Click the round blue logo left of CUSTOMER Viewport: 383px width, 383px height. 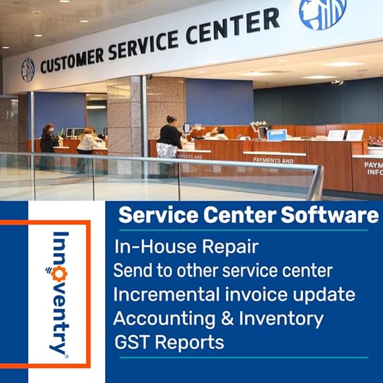click(x=28, y=70)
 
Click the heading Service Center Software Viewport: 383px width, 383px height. click(x=248, y=215)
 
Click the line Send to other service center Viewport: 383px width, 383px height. click(x=223, y=271)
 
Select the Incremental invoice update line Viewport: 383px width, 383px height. click(x=234, y=294)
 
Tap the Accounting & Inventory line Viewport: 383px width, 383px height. click(x=218, y=318)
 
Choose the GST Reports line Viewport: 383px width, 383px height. click(x=169, y=341)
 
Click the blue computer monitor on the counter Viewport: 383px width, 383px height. click(x=276, y=134)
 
